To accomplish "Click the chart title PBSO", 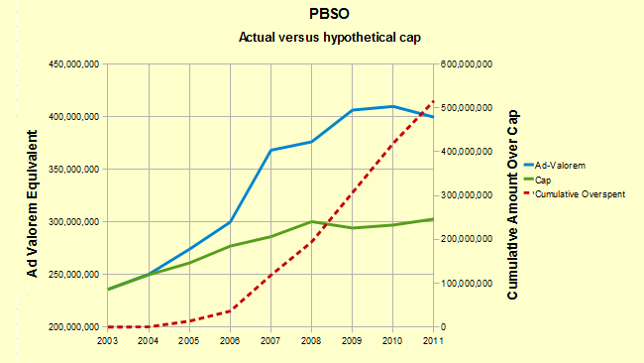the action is pyautogui.click(x=329, y=14).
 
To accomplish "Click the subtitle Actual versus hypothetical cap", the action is pyautogui.click(x=330, y=38).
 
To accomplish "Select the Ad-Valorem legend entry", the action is pyautogui.click(x=555, y=166).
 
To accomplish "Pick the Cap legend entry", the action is pyautogui.click(x=538, y=181).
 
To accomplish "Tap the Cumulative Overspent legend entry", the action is pyautogui.click(x=575, y=194).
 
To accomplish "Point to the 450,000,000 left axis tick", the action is pyautogui.click(x=74, y=64).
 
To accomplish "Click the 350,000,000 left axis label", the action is pyautogui.click(x=74, y=169).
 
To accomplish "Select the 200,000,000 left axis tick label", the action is pyautogui.click(x=74, y=327).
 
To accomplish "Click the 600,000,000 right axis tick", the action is pyautogui.click(x=467, y=64).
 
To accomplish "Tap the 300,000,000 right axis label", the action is pyautogui.click(x=467, y=195).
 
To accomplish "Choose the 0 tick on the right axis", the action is pyautogui.click(x=443, y=327).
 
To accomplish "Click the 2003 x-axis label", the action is pyautogui.click(x=107, y=341).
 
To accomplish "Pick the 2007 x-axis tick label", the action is pyautogui.click(x=270, y=341).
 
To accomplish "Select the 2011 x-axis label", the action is pyautogui.click(x=433, y=341).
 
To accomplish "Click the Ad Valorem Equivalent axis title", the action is pyautogui.click(x=33, y=203).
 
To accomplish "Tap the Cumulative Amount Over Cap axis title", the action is pyautogui.click(x=512, y=204).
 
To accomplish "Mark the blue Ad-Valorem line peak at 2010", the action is pyautogui.click(x=393, y=106).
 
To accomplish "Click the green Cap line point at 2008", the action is pyautogui.click(x=312, y=221).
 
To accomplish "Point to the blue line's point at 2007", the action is pyautogui.click(x=270, y=150).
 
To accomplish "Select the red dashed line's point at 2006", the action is pyautogui.click(x=230, y=311).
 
